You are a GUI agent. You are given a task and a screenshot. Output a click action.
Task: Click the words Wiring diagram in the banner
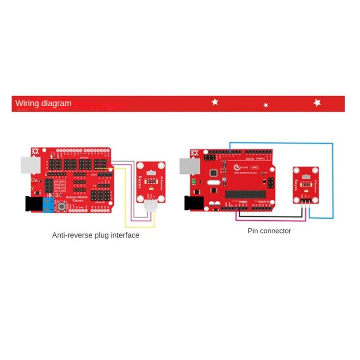pos(43,103)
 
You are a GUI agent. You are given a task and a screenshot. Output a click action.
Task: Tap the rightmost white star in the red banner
pos(317,103)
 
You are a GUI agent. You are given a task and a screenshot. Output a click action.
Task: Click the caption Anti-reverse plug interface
pos(95,235)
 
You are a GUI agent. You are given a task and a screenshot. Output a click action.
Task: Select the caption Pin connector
pos(269,231)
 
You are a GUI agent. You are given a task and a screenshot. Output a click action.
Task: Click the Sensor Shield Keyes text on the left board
pos(77,198)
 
